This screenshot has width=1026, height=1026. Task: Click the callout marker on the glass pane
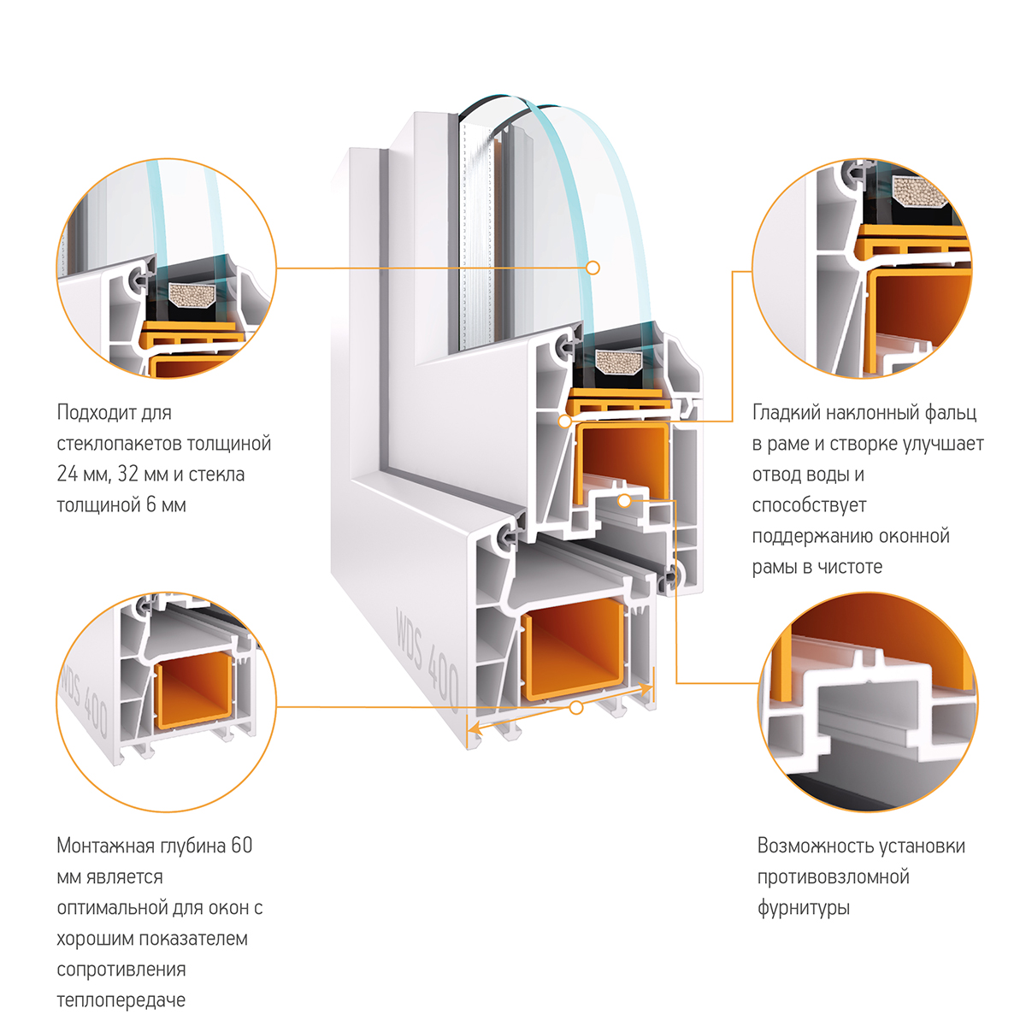[593, 268]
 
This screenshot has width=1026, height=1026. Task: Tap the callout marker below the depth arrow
[576, 708]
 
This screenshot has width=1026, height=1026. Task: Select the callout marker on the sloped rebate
[564, 421]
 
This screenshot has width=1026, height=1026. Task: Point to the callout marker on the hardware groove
[624, 500]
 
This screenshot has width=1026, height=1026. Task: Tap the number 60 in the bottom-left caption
[242, 846]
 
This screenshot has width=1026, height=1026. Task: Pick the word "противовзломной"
[833, 877]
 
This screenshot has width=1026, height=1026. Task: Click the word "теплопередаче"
[121, 1000]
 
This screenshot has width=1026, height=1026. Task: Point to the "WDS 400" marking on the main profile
[427, 659]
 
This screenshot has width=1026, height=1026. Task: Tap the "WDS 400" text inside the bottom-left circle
[84, 697]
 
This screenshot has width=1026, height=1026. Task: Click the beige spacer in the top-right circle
[920, 192]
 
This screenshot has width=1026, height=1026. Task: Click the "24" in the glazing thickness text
[67, 475]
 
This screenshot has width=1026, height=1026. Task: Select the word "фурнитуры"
[803, 908]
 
